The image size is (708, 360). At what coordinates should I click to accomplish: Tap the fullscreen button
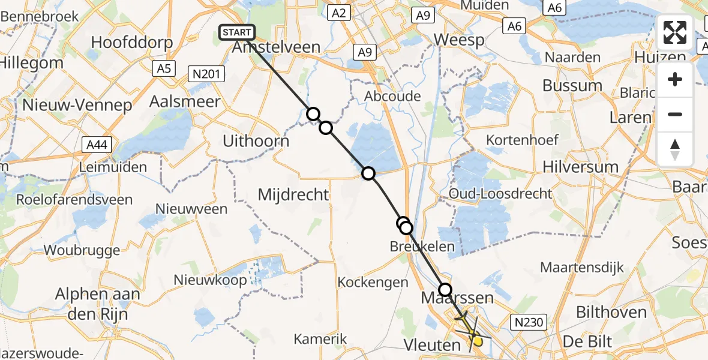(675, 32)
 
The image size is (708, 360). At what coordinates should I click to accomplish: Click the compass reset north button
(675, 149)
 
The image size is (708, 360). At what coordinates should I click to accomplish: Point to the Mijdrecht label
(293, 194)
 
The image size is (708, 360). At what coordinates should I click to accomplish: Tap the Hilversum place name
(580, 166)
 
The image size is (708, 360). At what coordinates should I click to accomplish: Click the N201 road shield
(206, 74)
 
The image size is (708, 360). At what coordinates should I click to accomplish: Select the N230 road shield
(529, 323)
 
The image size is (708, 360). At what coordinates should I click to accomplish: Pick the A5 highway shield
(163, 69)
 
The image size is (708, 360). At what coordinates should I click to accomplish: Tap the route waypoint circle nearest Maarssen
(445, 290)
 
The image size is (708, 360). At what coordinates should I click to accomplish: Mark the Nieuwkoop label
(210, 280)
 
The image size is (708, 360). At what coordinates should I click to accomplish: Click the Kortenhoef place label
(523, 140)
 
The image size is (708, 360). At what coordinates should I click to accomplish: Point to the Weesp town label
(459, 40)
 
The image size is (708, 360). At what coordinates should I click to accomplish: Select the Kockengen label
(368, 281)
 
